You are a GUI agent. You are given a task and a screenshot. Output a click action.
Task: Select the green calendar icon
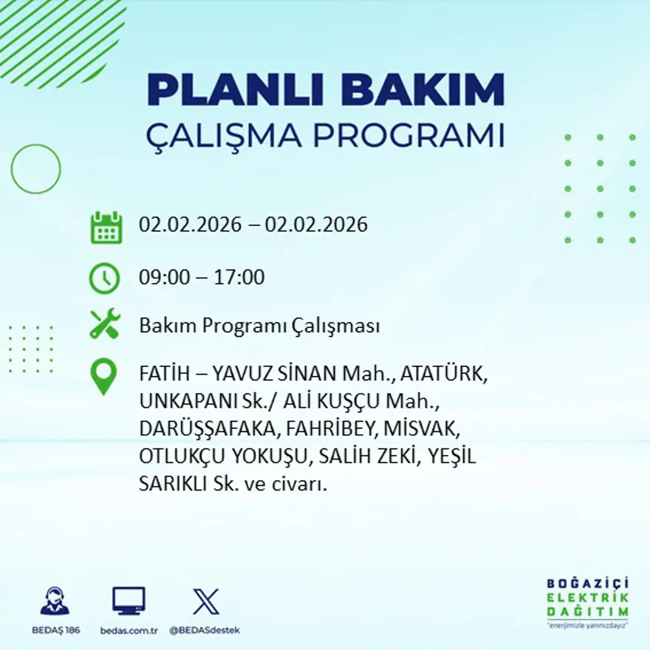(x=106, y=227)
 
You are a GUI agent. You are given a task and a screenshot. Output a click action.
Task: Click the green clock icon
(x=104, y=278)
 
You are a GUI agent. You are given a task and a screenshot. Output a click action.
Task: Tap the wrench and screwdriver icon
(x=104, y=324)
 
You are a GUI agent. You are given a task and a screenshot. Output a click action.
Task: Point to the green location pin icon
(x=103, y=375)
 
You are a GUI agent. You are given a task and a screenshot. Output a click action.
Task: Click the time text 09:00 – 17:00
(x=202, y=278)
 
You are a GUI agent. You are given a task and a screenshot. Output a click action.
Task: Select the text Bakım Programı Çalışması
(x=259, y=326)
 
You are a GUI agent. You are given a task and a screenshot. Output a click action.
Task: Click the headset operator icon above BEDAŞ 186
(x=55, y=601)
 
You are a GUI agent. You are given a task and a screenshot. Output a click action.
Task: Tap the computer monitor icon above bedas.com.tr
(x=129, y=601)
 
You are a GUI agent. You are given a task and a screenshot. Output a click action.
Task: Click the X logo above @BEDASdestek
(x=205, y=601)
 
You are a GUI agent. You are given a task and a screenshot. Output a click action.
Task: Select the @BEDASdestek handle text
(x=205, y=630)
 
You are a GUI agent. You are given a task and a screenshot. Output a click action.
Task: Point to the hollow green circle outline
(x=35, y=169)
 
